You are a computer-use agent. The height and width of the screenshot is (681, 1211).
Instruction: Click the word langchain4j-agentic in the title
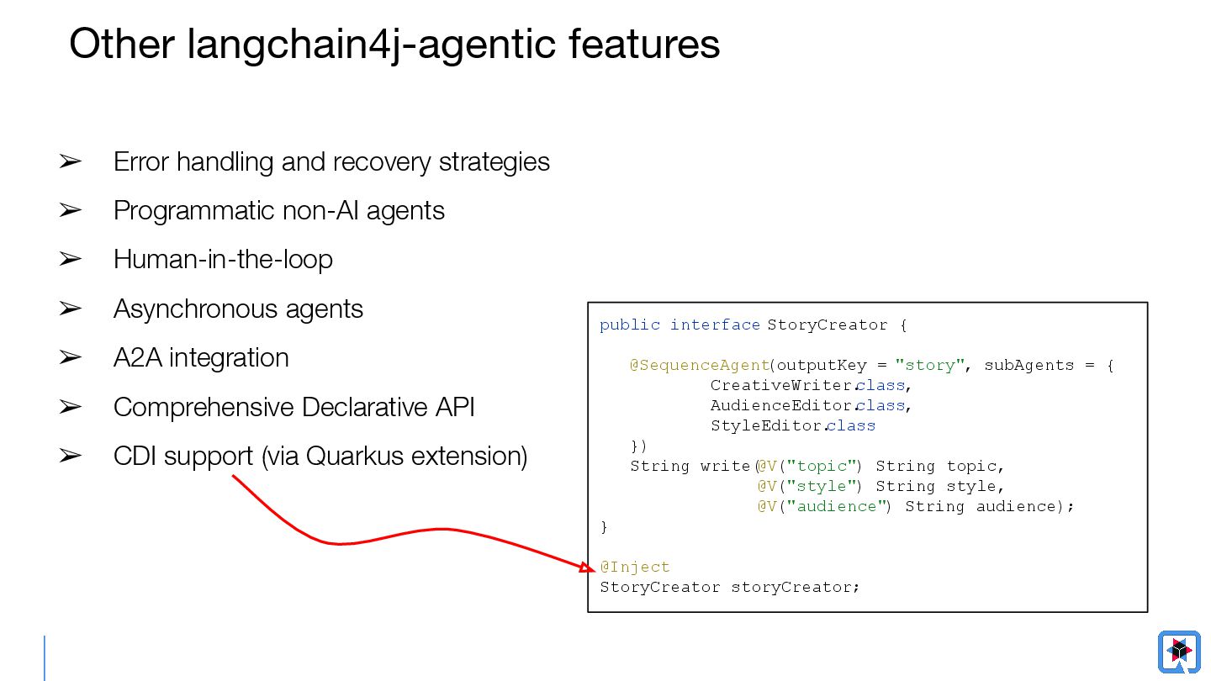[371, 44]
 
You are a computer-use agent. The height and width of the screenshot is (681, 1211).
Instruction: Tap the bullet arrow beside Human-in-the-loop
[70, 260]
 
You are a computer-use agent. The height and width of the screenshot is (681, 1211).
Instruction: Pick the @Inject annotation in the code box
[635, 567]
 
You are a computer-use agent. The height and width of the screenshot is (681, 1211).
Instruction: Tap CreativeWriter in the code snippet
[781, 385]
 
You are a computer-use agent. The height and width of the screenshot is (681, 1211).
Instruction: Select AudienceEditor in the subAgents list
[781, 405]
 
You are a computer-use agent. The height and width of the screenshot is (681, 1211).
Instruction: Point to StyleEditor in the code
[766, 425]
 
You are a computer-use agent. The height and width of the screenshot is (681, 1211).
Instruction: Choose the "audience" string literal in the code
[838, 506]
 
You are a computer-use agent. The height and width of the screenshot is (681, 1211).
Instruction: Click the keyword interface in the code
[715, 325]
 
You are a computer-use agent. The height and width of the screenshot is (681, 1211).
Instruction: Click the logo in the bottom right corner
[1179, 652]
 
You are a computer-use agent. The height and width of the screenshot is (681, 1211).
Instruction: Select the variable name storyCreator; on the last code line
[796, 587]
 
